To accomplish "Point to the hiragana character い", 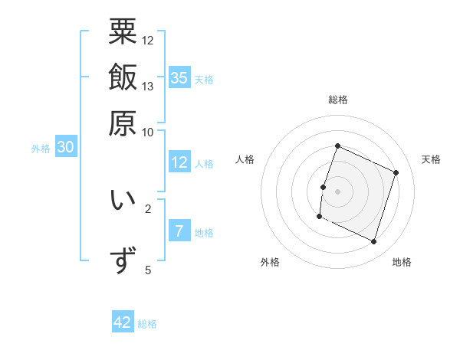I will (x=123, y=200).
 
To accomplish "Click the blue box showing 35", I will (x=179, y=77).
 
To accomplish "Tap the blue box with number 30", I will (x=65, y=148).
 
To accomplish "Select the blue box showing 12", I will (x=179, y=162).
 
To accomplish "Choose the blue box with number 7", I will (x=179, y=231).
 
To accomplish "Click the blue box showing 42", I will (x=123, y=322).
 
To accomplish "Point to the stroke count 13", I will (x=148, y=86).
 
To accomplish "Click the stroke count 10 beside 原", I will (x=148, y=132).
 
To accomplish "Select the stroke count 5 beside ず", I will (x=148, y=270).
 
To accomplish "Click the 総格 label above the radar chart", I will (x=338, y=100).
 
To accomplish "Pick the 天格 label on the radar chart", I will (x=431, y=159).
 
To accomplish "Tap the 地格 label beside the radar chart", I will (x=402, y=262).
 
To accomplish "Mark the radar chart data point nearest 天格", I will (x=396, y=173).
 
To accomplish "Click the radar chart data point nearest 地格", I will (x=374, y=242).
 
